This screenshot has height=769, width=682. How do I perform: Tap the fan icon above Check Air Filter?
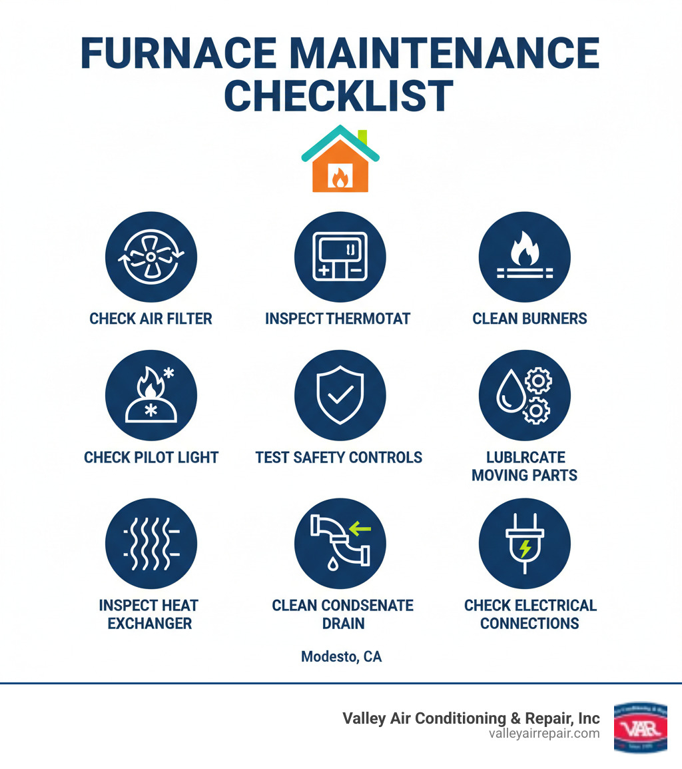[x=151, y=257]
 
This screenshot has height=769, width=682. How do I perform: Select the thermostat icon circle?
[x=340, y=257]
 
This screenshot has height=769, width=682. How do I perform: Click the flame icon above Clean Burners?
[x=524, y=257]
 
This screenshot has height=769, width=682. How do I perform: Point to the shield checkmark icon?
[x=340, y=396]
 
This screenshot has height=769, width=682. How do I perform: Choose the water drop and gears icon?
[x=524, y=396]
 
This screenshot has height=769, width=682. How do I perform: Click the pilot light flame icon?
[x=151, y=396]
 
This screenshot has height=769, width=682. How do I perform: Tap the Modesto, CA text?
[x=341, y=657]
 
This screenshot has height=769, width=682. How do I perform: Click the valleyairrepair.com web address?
[x=543, y=734]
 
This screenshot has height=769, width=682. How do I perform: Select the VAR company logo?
[x=640, y=727]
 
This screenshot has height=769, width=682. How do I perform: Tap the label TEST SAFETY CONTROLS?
[x=338, y=458]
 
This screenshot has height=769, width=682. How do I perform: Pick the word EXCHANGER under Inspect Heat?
[x=149, y=624]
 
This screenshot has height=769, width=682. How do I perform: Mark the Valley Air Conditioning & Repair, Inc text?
[x=470, y=718]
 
